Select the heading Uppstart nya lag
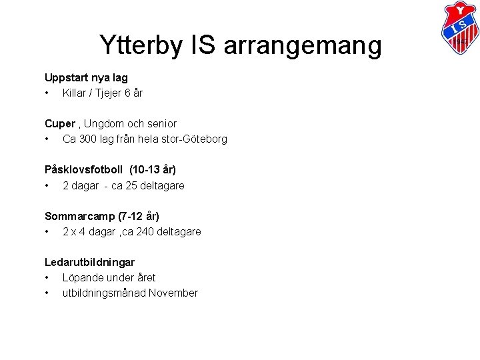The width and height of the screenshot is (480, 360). point(86,78)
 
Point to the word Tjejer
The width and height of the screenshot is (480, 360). point(107,93)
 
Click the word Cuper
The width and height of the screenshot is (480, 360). point(60,124)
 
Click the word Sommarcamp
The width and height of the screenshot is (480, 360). point(79,216)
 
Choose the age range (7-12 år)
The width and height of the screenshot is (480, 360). point(138,216)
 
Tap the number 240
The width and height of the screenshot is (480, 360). point(143,232)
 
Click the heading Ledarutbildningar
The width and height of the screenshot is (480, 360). point(89,263)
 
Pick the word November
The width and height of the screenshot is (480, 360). point(173,293)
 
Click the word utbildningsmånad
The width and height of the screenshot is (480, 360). point(104,293)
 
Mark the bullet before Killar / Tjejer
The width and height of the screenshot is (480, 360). point(47,93)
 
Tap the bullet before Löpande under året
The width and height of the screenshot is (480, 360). point(47,278)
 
